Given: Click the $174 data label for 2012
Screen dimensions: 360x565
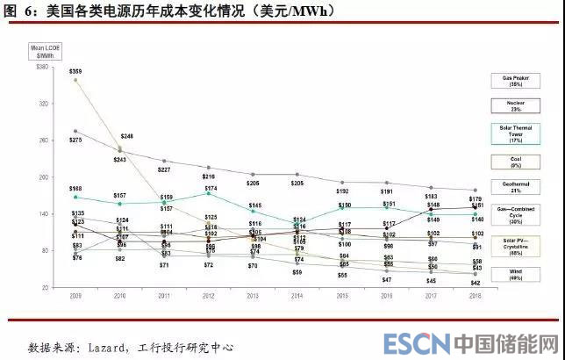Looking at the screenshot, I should click(x=211, y=189).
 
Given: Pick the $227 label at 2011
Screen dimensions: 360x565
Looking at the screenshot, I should click(x=165, y=169).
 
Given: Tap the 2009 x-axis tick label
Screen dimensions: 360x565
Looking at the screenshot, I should click(x=76, y=297).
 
